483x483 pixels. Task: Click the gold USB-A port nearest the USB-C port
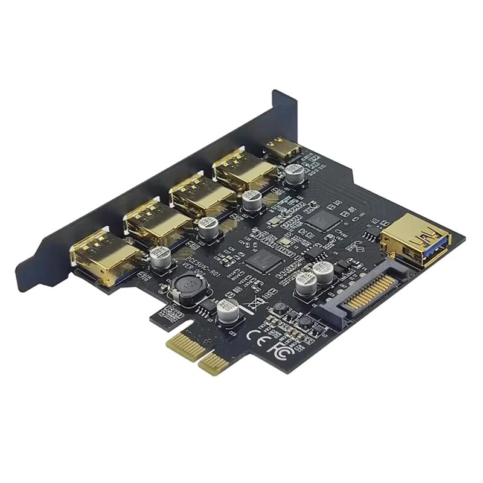(x=237, y=171)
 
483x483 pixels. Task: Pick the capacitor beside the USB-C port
(x=294, y=173)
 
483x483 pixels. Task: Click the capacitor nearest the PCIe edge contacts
(x=226, y=312)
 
